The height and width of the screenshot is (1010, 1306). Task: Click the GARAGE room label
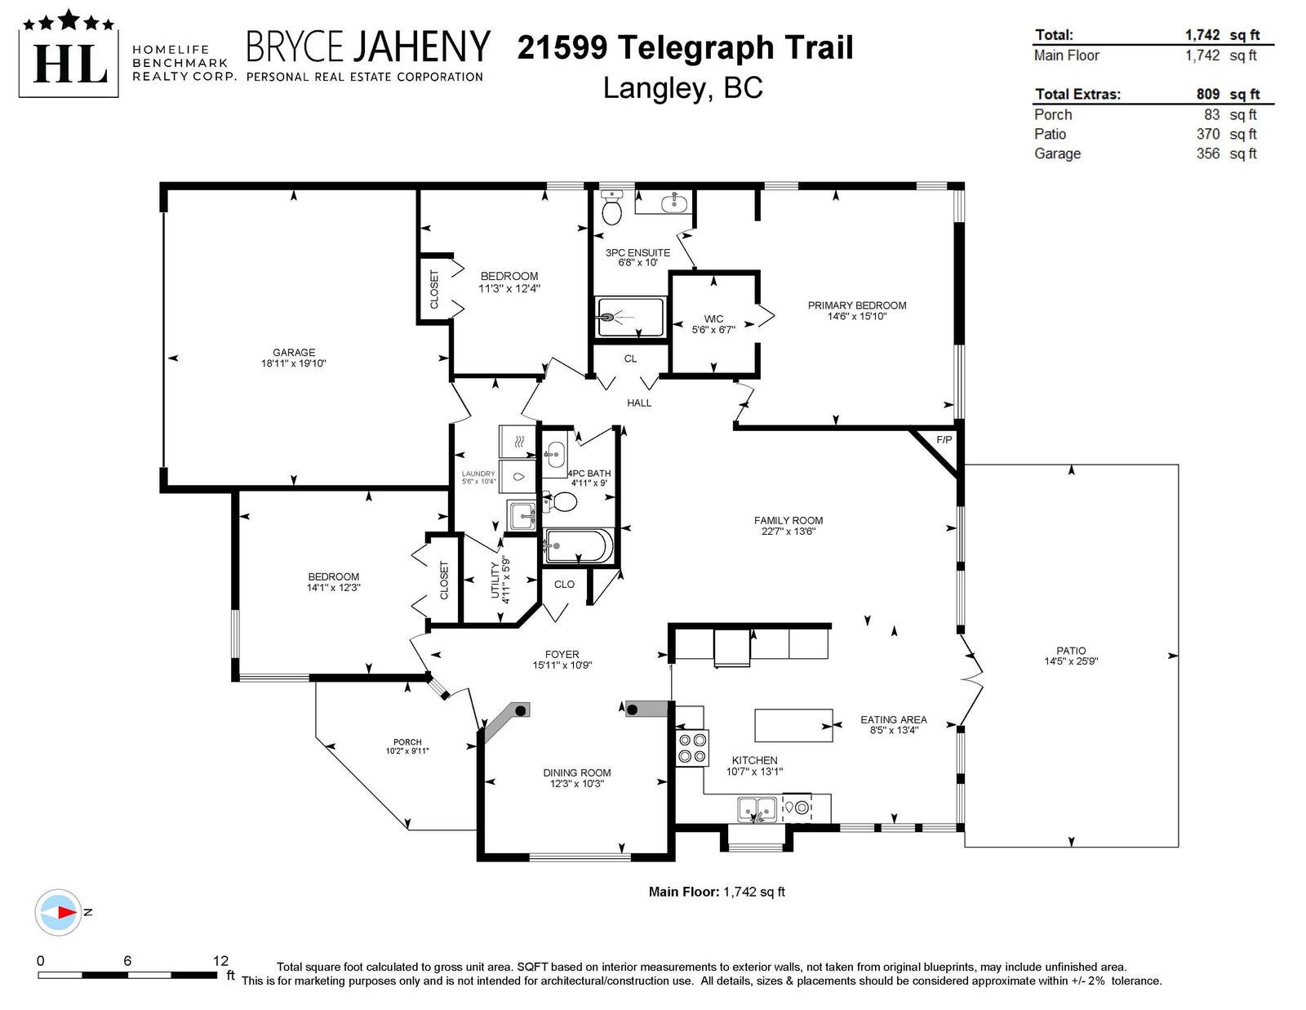point(293,352)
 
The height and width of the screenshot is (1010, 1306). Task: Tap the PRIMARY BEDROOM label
point(856,305)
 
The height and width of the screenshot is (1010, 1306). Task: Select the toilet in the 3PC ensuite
point(612,207)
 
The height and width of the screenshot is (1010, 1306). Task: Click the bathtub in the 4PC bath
point(578,546)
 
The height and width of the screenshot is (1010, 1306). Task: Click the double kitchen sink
point(757,808)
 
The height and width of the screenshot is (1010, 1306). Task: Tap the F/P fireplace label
point(944,440)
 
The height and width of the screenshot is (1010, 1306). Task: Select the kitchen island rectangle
point(793,726)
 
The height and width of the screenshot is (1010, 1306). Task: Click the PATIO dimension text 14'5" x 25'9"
point(1070,661)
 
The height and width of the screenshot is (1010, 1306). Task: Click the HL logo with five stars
point(69,53)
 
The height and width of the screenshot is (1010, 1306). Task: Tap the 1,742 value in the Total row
point(1202,35)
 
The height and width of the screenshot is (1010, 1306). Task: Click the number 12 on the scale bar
point(220,961)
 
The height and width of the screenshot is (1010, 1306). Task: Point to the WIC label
point(713,318)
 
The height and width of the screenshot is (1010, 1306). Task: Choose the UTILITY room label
point(495,581)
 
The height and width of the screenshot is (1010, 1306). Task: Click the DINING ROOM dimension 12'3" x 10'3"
point(576,784)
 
